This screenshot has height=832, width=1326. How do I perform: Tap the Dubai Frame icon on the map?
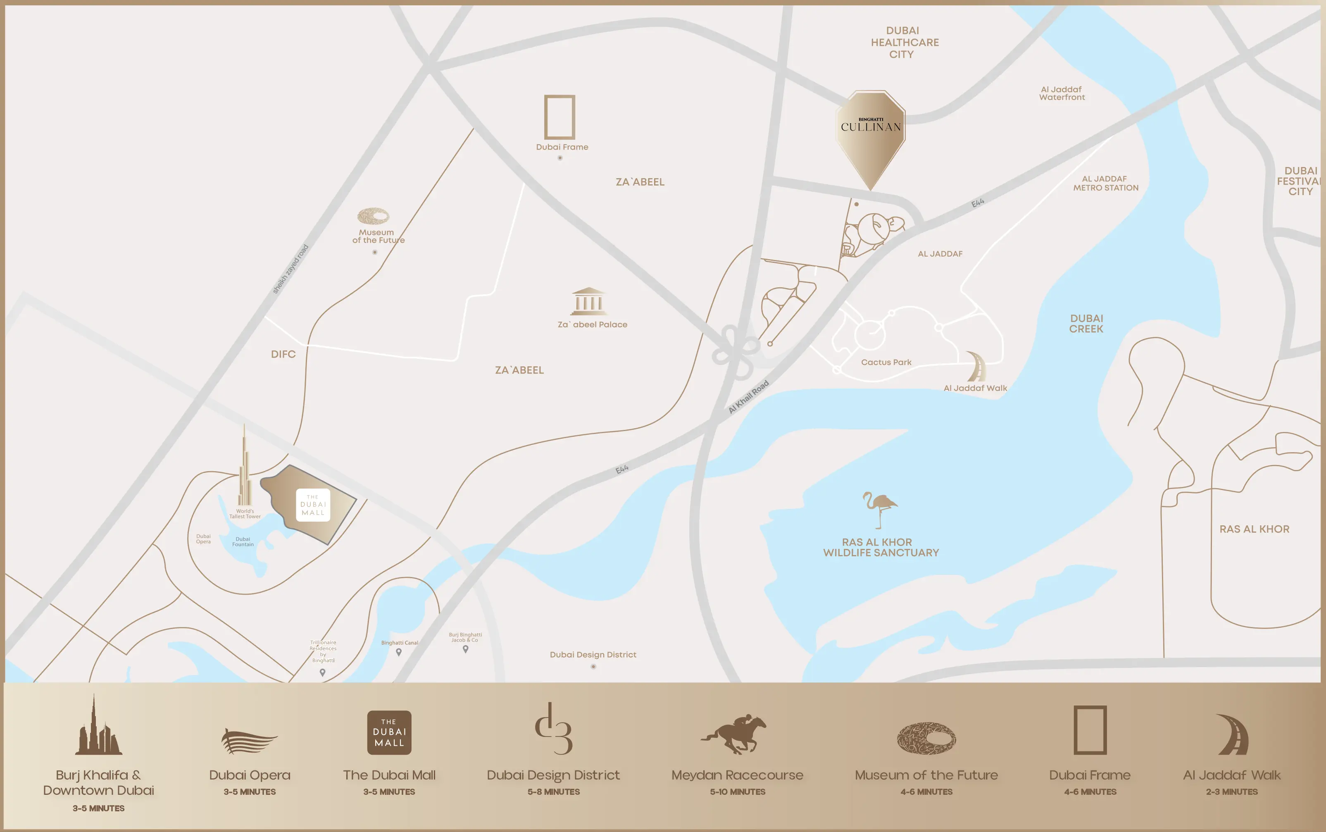[559, 117]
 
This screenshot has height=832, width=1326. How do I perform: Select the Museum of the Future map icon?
[374, 216]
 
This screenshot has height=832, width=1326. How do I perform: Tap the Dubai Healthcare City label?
[904, 43]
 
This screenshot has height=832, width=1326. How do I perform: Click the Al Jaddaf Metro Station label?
[1105, 183]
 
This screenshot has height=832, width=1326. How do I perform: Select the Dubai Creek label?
[1086, 324]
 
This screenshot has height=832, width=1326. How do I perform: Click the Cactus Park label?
[886, 362]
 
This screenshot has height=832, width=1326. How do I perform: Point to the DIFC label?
[283, 354]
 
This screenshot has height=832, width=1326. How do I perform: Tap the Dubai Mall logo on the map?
[313, 505]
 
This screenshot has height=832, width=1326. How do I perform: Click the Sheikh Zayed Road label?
[290, 269]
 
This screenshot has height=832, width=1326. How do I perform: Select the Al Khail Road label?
[748, 397]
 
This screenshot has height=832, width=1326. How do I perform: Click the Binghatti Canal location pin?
[399, 652]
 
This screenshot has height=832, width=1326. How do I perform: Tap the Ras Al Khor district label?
[1254, 529]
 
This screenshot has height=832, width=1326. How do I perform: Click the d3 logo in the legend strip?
[554, 729]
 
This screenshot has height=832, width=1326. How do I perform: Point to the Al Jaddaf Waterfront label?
[1062, 93]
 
